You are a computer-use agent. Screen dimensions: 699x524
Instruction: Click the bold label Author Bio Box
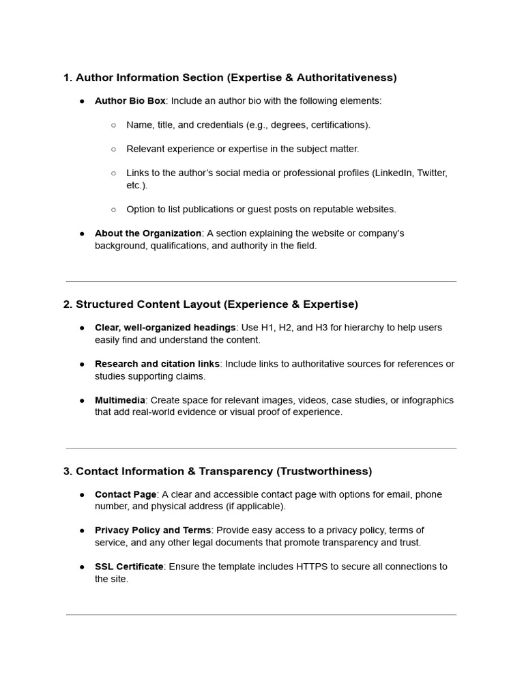(x=130, y=101)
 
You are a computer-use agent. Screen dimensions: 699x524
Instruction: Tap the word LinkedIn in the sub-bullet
(x=393, y=173)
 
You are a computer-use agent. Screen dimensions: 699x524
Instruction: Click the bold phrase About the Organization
(x=148, y=233)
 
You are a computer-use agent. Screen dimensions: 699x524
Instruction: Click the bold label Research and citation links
(x=157, y=364)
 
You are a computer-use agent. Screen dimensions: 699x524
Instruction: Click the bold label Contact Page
(x=126, y=494)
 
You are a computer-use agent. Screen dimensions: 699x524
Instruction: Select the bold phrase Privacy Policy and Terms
(x=153, y=530)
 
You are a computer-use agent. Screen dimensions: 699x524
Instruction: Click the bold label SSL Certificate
(x=129, y=567)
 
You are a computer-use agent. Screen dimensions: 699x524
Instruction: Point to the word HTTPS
(x=312, y=567)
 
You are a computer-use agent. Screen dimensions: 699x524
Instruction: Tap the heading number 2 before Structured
(x=67, y=304)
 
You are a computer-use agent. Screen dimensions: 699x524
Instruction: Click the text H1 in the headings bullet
(x=268, y=328)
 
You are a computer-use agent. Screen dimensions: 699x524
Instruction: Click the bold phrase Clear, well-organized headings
(x=165, y=328)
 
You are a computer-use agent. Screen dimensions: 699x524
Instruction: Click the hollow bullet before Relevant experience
(x=113, y=149)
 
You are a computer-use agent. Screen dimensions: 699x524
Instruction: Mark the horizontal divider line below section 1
(x=261, y=281)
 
